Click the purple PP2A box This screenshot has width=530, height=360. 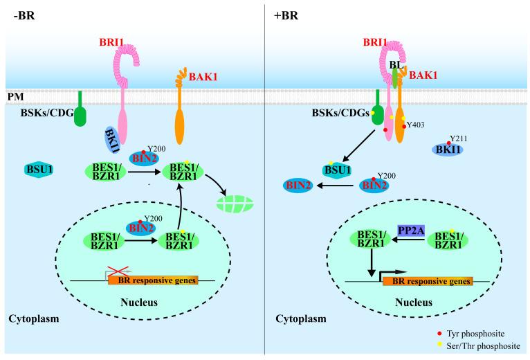tap(412, 231)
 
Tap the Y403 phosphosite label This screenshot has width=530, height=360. tap(415, 125)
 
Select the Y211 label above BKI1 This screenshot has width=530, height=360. tap(459, 138)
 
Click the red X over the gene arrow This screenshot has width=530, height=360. tap(118, 271)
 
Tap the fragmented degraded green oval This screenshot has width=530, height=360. tap(235, 204)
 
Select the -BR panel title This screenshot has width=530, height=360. tap(24, 15)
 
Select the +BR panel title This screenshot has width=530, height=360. tap(286, 15)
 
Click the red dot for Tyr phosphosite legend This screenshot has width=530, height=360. tap(439, 334)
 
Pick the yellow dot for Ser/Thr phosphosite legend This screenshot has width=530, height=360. tap(439, 345)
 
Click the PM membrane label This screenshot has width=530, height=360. tap(15, 97)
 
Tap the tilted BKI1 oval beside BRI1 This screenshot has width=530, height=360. tap(112, 141)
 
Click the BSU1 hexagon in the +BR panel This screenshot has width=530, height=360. tap(337, 170)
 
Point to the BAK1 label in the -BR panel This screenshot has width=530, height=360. tap(203, 77)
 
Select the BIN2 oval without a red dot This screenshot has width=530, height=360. tap(298, 186)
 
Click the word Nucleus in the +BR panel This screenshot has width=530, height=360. tap(414, 302)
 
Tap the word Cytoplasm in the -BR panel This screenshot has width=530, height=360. tap(34, 318)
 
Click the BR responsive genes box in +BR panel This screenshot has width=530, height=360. tap(428, 281)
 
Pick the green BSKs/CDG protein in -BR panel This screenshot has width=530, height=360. tap(80, 109)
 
